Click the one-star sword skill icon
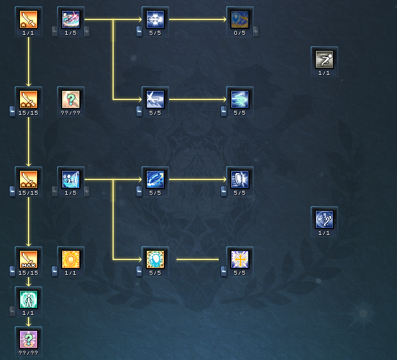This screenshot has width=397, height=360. (x=28, y=19)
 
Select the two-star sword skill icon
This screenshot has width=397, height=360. (x=28, y=99)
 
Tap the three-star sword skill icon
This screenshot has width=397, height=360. (x=28, y=179)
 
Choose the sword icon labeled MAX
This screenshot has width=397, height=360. (x=28, y=259)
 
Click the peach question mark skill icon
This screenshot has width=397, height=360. (x=71, y=99)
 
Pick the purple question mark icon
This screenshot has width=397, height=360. (x=28, y=339)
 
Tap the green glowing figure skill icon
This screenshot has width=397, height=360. (x=28, y=299)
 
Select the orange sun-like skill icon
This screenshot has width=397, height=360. (x=71, y=259)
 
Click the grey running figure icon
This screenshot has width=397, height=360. (x=324, y=59)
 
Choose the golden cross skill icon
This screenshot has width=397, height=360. (x=240, y=259)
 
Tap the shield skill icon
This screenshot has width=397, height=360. (x=240, y=179)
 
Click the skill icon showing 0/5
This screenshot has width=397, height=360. (x=240, y=19)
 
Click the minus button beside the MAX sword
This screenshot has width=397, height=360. (x=13, y=271)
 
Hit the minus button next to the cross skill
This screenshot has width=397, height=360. (x=224, y=271)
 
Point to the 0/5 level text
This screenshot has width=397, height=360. (x=240, y=33)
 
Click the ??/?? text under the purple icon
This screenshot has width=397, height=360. (x=28, y=353)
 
